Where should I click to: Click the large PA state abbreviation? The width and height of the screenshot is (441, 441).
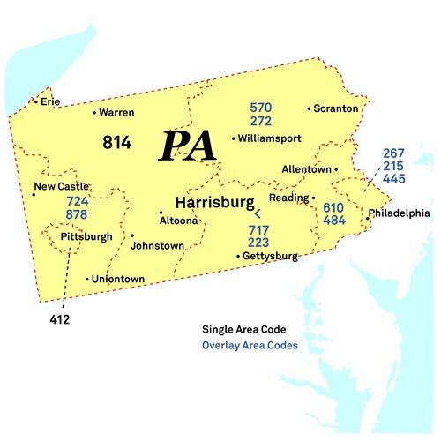[188, 146]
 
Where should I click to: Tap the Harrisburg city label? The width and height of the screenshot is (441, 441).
[214, 202]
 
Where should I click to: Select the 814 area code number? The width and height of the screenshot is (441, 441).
[117, 142]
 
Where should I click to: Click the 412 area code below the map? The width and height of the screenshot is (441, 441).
[60, 319]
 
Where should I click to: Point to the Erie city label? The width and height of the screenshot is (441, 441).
[50, 101]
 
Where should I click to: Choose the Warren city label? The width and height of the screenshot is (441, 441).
[116, 113]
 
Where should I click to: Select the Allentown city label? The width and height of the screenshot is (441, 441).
[306, 168]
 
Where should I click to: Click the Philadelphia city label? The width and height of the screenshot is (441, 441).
[399, 213]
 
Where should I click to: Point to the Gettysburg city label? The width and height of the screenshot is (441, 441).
[271, 257]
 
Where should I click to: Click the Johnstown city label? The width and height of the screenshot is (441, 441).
[157, 246]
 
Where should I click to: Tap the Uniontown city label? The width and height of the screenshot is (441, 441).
[119, 280]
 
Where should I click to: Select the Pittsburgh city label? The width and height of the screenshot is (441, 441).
[86, 237]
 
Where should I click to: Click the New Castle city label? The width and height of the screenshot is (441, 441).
[62, 186]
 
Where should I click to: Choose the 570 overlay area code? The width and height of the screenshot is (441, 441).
[260, 108]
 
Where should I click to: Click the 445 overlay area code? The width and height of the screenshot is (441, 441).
[394, 179]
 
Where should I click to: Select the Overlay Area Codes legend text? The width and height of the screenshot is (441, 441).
[250, 346]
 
